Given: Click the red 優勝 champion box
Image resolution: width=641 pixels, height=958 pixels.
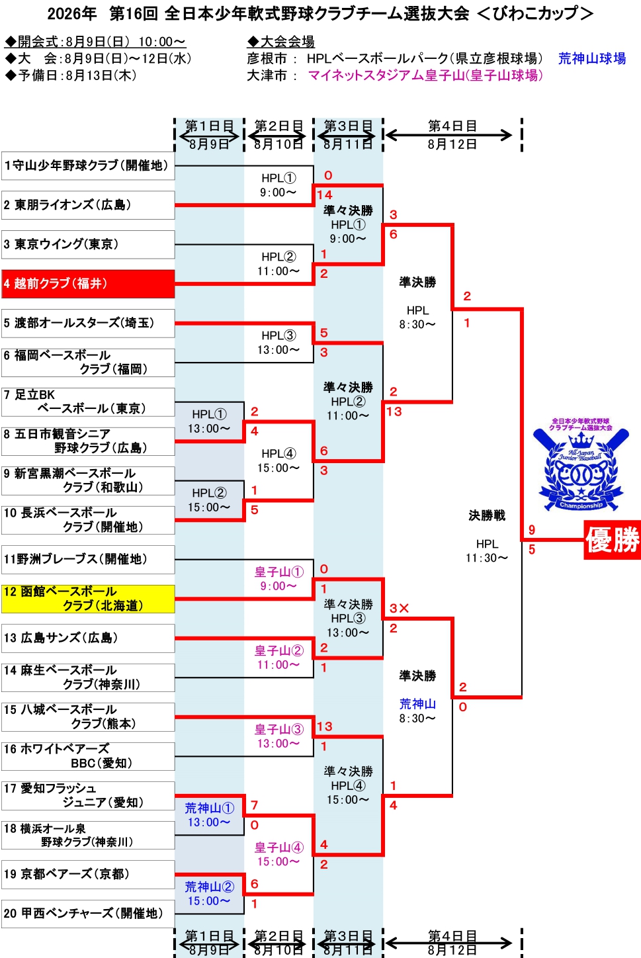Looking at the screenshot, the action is (613, 540).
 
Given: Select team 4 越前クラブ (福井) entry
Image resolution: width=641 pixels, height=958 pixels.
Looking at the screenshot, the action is (88, 284).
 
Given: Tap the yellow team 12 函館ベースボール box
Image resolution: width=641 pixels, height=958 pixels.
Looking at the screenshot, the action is (88, 599).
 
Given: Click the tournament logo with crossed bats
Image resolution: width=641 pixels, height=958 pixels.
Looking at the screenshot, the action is (581, 464).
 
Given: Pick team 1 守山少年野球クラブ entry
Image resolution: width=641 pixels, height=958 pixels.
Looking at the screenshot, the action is (88, 165).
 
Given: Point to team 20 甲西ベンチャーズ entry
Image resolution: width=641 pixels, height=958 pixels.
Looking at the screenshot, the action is (88, 914).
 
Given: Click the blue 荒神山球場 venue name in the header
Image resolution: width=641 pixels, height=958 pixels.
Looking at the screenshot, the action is (592, 59).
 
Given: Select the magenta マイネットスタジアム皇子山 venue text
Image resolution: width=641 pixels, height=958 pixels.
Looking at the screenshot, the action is (425, 75).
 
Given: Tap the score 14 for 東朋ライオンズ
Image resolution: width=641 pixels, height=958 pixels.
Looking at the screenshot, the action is (325, 195).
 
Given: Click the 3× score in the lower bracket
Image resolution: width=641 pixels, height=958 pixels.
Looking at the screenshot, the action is (399, 608).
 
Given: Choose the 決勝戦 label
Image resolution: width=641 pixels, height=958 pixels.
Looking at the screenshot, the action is (487, 516).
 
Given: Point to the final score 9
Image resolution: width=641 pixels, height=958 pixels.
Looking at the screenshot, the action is (532, 530).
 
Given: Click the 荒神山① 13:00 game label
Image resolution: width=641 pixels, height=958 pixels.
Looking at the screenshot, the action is (209, 814).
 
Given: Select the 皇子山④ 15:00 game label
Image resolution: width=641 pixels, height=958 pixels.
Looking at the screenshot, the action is (278, 854).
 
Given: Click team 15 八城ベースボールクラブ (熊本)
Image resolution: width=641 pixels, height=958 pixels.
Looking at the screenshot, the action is (88, 717).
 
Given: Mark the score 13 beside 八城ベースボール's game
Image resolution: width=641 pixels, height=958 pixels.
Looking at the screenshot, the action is (325, 726).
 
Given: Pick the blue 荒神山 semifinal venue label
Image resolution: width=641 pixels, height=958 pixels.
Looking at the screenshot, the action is (417, 704).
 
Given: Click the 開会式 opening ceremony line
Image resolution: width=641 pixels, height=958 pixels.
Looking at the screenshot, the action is (95, 42).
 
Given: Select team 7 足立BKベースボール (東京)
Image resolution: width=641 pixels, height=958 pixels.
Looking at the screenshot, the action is (88, 402).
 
